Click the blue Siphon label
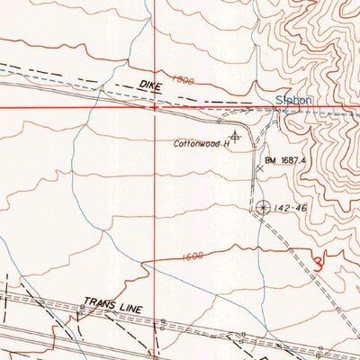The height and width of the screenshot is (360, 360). (293, 101)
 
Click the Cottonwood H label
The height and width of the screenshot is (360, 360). (203, 142)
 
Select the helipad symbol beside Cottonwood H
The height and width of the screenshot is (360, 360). (235, 135)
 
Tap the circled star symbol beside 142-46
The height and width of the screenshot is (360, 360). (262, 207)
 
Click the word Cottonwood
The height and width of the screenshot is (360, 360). (198, 142)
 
